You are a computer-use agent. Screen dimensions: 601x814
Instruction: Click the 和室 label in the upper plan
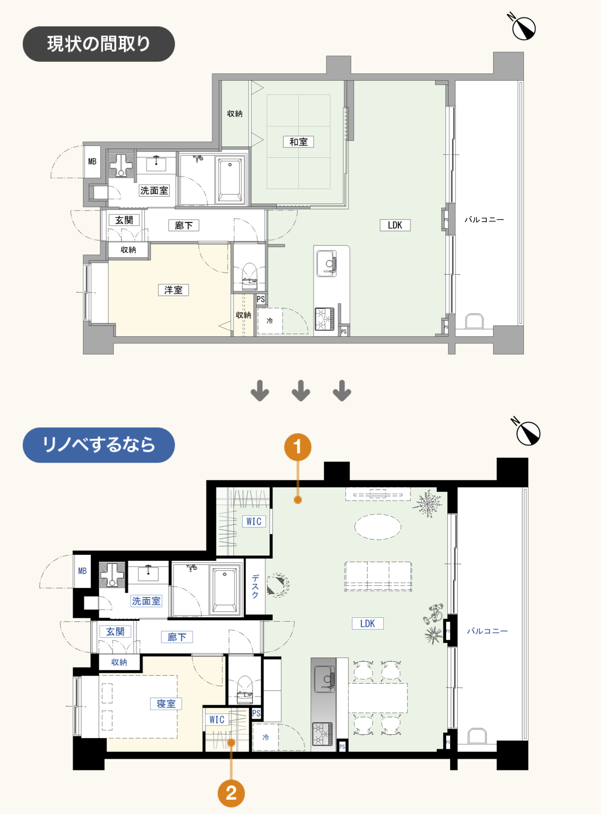pos(298,142)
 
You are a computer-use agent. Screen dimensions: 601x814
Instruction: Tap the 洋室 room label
pos(173,290)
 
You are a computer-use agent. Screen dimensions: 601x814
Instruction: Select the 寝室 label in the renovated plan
pos(166,704)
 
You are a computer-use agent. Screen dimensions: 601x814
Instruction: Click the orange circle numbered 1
pos(297,447)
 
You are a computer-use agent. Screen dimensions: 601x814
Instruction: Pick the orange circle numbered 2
pos(231,793)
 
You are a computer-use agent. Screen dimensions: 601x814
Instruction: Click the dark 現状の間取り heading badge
pos(99,44)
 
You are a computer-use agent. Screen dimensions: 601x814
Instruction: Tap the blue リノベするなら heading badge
pos(99,445)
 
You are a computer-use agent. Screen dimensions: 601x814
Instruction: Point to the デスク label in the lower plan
pos(255,586)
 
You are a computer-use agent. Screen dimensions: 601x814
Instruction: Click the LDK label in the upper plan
pos(395,225)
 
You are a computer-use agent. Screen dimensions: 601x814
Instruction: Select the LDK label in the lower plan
pos(367,623)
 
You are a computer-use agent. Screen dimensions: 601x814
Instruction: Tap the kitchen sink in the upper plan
pos(326,263)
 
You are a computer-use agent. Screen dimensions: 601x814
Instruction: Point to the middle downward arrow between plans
pos(300,391)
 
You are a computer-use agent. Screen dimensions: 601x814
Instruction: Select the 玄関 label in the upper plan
pos(124,220)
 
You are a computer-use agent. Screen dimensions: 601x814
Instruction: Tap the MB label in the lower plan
pos(82,571)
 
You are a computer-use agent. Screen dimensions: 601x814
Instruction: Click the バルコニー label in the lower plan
pos(487,631)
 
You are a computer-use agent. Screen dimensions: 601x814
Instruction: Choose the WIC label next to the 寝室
pos(217,720)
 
